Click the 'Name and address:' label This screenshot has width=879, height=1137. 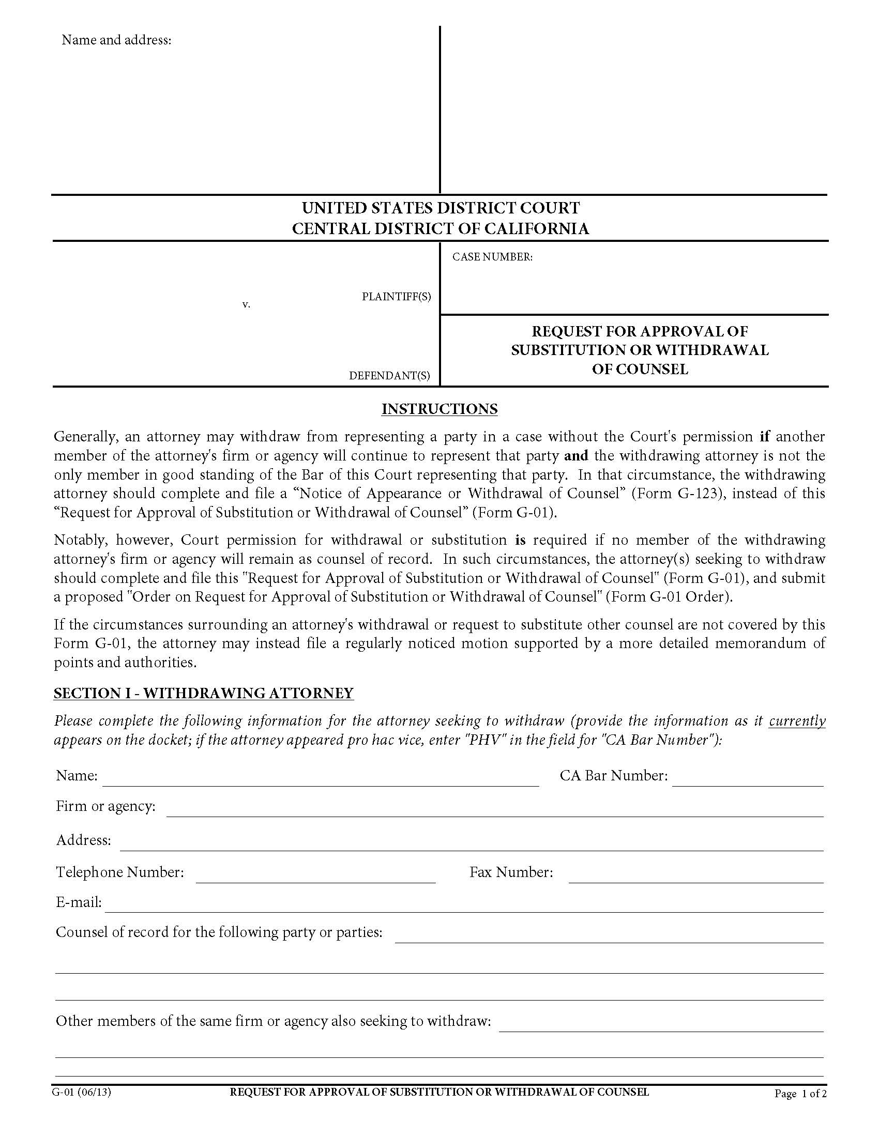coord(116,40)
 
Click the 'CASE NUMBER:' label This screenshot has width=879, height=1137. coord(492,257)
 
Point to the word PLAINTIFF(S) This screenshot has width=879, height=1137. coord(396,296)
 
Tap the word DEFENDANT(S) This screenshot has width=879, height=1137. coord(389,375)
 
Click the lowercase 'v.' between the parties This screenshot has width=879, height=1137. coord(246,304)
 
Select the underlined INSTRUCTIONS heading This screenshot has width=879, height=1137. coord(439,409)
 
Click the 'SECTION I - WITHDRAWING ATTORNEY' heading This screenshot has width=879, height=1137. coord(204,693)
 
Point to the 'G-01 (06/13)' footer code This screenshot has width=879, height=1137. coord(81,1092)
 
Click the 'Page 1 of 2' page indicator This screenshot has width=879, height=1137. coord(800,1094)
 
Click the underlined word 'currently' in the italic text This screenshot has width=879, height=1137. coord(797,721)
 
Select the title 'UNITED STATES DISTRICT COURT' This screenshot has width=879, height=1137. coord(441,208)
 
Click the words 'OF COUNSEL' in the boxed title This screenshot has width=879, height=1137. coord(640,369)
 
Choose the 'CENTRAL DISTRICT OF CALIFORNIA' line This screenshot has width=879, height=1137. coord(441,228)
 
